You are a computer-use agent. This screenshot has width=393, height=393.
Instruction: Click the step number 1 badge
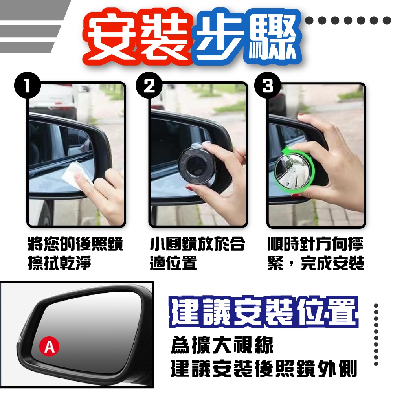pos(28,85)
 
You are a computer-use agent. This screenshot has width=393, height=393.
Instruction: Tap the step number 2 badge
pos(149,85)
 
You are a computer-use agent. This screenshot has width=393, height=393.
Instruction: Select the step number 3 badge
pos(267,85)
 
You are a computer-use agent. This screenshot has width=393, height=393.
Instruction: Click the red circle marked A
pos(50,347)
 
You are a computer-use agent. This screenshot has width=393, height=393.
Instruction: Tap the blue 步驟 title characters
pos(247,38)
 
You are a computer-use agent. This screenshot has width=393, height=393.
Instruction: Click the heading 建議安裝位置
pos(264,312)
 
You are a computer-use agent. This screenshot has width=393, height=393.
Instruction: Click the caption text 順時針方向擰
pos(316,244)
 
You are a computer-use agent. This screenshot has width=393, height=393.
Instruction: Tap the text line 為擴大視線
pos(222,345)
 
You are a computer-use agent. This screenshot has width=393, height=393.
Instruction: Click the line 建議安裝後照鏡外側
pos(264,368)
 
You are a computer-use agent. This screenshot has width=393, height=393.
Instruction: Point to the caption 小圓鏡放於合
pos(197,244)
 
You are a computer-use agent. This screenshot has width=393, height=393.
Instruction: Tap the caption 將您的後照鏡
pos(75,244)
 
